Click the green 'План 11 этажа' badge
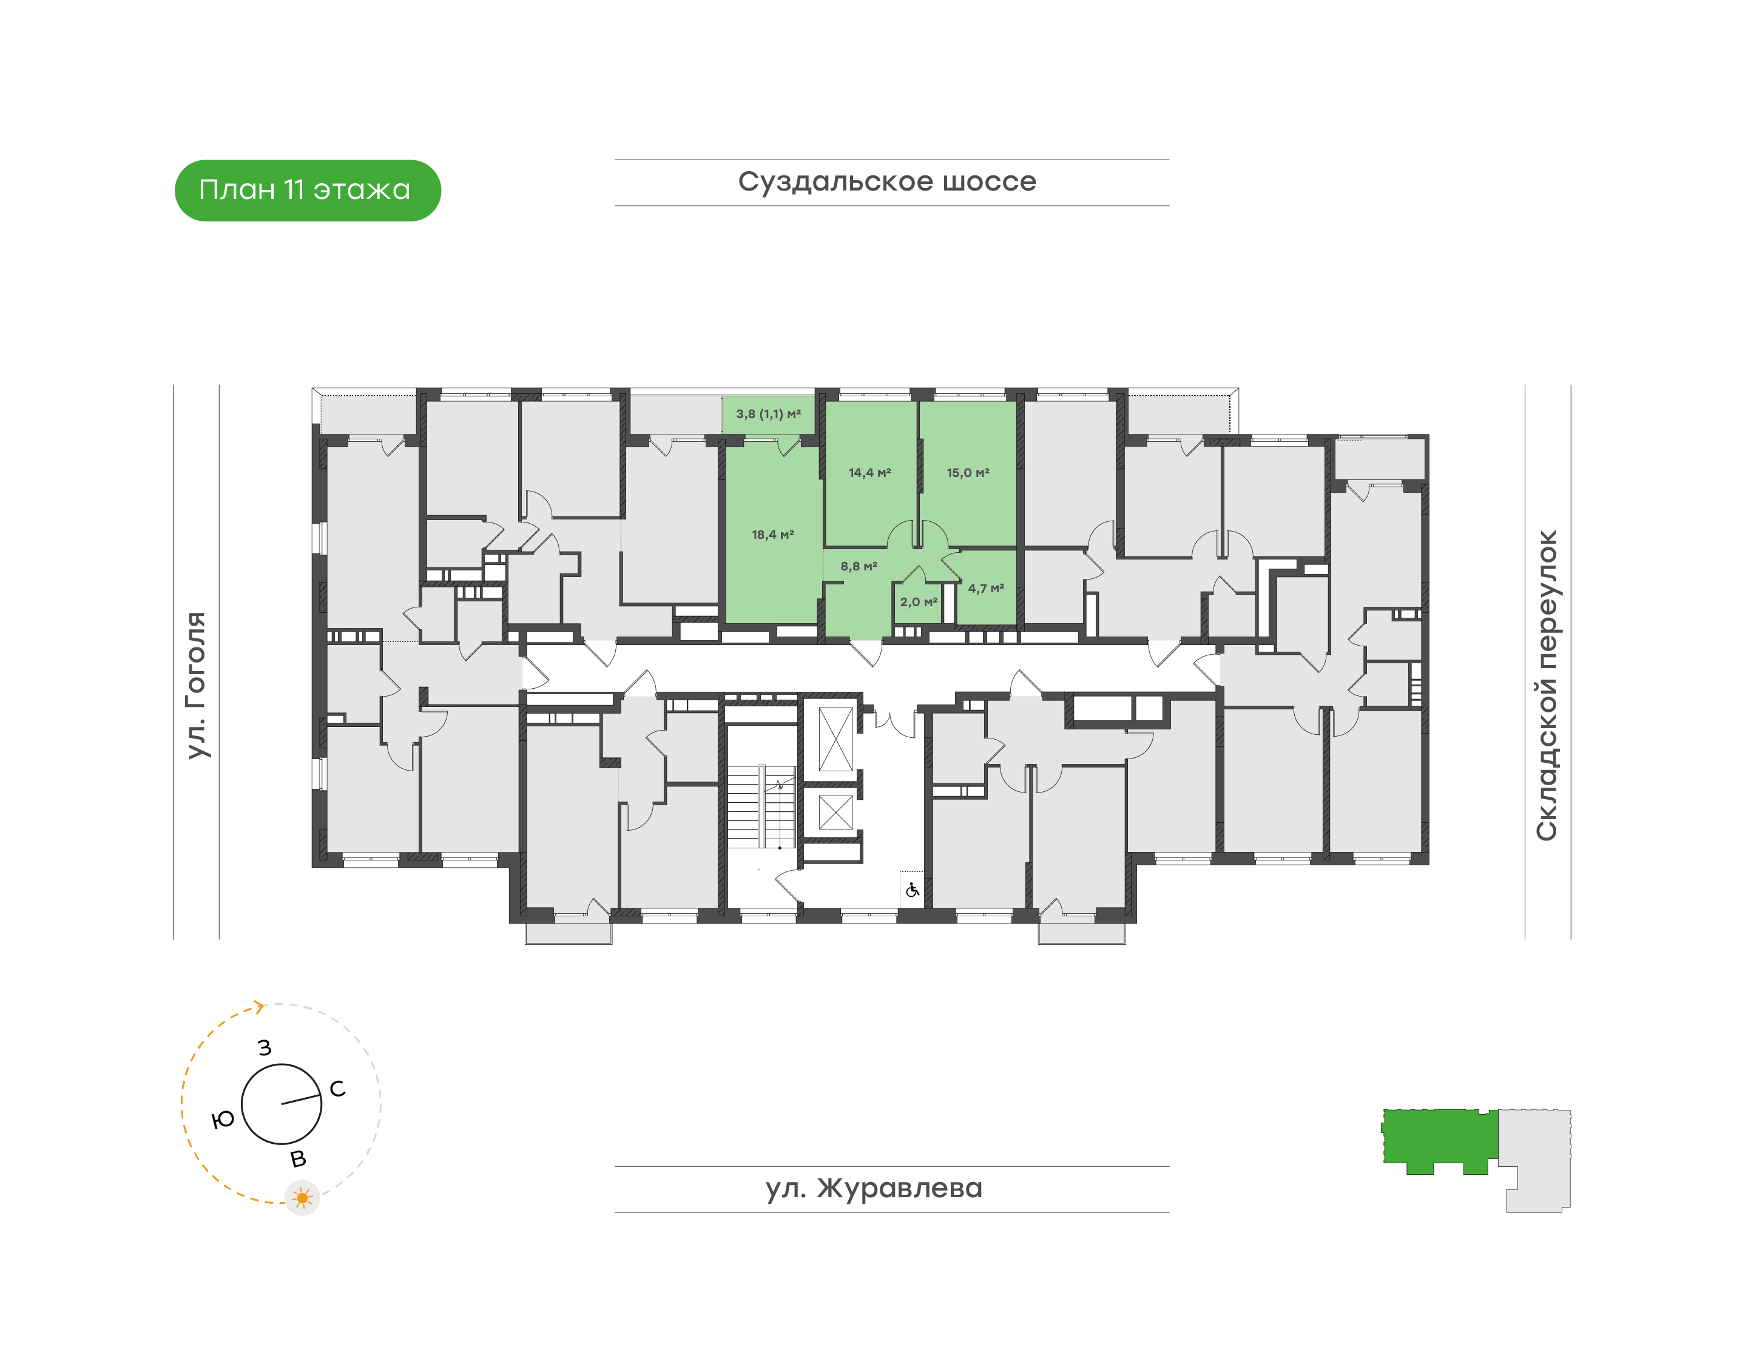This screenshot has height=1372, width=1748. pyautogui.click(x=308, y=191)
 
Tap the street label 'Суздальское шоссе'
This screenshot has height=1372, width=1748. pyautogui.click(x=887, y=181)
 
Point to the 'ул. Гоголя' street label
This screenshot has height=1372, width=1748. pyautogui.click(x=196, y=684)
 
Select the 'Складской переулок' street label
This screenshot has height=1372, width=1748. pyautogui.click(x=1547, y=685)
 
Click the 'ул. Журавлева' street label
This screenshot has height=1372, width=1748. pyautogui.click(x=874, y=1188)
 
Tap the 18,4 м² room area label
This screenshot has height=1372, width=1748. pyautogui.click(x=773, y=534)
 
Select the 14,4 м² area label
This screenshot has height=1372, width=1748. pyautogui.click(x=870, y=472)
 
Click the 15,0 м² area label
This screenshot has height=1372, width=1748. pyautogui.click(x=968, y=472)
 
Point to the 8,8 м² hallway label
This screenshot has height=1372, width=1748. pyautogui.click(x=859, y=566)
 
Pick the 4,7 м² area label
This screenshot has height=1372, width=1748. pyautogui.click(x=986, y=588)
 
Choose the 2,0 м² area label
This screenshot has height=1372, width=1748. pyautogui.click(x=918, y=602)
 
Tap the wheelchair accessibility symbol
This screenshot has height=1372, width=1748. pyautogui.click(x=912, y=890)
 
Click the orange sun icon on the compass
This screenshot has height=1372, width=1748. pyautogui.click(x=302, y=1198)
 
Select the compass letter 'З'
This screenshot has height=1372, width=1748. pyautogui.click(x=265, y=1047)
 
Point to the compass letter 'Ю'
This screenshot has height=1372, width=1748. pyautogui.click(x=223, y=1119)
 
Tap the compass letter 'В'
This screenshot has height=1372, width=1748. pyautogui.click(x=298, y=1159)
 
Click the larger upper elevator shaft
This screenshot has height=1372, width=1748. pyautogui.click(x=835, y=739)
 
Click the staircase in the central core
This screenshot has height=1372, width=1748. pyautogui.click(x=761, y=806)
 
